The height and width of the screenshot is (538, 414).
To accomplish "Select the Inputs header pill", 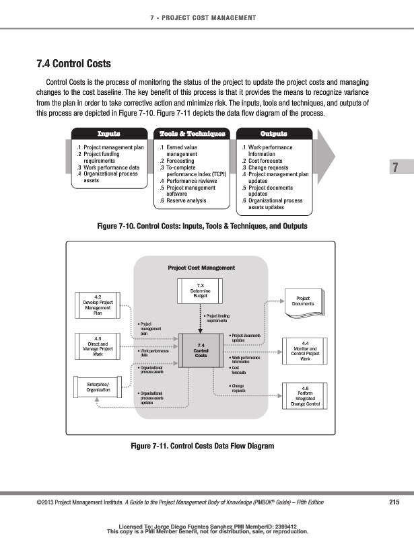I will (x=110, y=133).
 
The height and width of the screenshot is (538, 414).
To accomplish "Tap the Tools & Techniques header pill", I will (x=192, y=133).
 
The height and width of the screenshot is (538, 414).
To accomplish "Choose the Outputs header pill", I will (x=274, y=133).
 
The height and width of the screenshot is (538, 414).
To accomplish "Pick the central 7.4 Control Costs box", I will (x=201, y=351).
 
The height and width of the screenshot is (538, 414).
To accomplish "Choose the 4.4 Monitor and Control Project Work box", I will (x=306, y=350).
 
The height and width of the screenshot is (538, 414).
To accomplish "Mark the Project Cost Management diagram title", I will (x=201, y=268).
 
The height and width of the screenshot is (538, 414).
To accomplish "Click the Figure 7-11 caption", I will (x=203, y=446).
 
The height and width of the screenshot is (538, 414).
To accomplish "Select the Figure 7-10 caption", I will (x=202, y=227).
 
